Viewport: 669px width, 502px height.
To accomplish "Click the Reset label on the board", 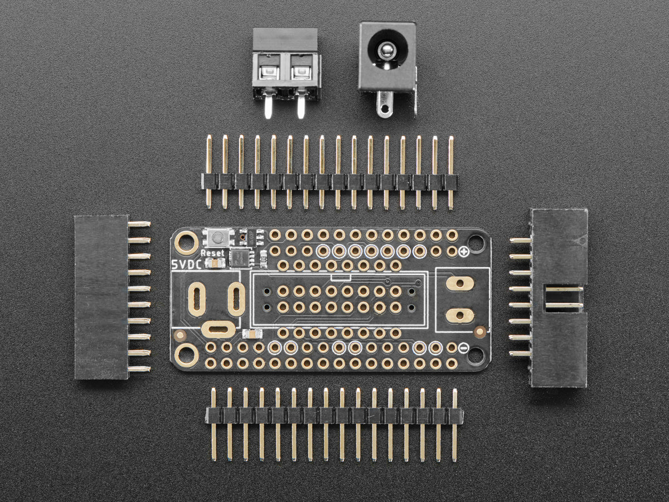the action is [x=212, y=253].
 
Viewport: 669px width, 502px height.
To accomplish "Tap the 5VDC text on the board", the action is [x=186, y=264].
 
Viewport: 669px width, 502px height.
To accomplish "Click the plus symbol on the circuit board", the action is [x=465, y=252].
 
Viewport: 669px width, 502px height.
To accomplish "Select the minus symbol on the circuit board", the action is [x=464, y=347].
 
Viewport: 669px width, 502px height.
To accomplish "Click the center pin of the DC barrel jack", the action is [x=385, y=50].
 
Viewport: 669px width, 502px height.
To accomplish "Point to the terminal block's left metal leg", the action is [x=268, y=106].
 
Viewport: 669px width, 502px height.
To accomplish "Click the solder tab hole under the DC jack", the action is [x=386, y=108].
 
